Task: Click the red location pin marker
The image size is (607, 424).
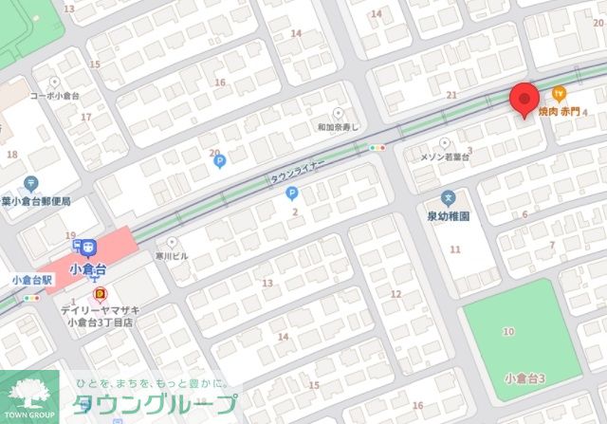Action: pos(524,99)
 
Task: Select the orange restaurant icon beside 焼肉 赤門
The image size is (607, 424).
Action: pos(559,93)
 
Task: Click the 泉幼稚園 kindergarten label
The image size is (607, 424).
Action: pos(449,215)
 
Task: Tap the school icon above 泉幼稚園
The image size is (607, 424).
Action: pos(449,198)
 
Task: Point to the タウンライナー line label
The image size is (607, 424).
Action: pos(297,172)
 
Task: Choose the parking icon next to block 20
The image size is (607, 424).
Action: pos(219,161)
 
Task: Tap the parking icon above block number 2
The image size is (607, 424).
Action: pos(292,193)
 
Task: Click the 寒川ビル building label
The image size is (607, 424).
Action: pos(173,256)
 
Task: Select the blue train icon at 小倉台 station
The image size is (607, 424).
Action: pos(89,247)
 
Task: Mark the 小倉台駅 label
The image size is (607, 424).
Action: pos(30,280)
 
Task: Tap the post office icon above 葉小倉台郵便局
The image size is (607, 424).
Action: pos(31,183)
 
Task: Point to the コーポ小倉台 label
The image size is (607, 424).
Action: pos(56,96)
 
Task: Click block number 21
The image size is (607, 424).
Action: pos(451,94)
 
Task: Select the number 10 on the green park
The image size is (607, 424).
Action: pos(508,331)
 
